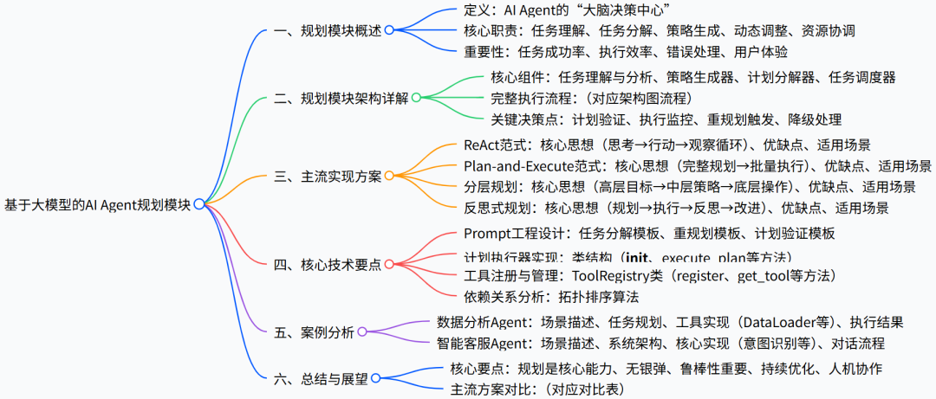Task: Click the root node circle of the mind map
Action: pyautogui.click(x=199, y=204)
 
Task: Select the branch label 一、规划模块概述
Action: pyautogui.click(x=328, y=29)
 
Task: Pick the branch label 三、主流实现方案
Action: pyautogui.click(x=328, y=176)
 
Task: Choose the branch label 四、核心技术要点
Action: pyautogui.click(x=328, y=265)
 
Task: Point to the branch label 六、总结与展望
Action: pyautogui.click(x=321, y=379)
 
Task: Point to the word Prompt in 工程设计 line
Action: pyautogui.click(x=488, y=233)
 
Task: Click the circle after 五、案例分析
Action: pyautogui.click(x=361, y=331)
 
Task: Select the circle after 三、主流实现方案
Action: pyautogui.click(x=389, y=176)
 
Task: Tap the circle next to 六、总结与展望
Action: pyautogui.click(x=376, y=379)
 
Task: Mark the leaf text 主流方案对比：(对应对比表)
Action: pyautogui.click(x=537, y=389)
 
